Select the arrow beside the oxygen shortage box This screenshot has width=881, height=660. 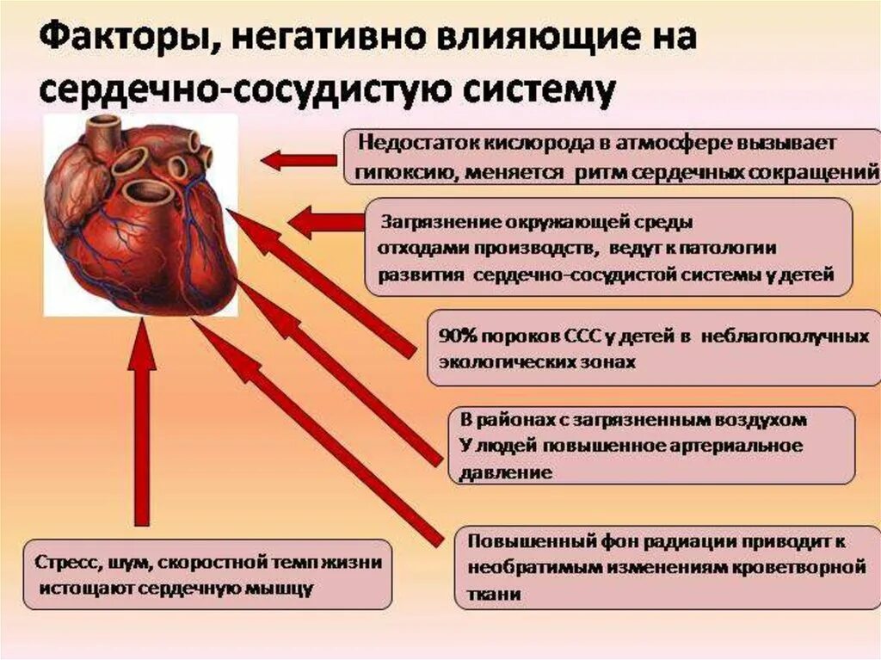(299, 160)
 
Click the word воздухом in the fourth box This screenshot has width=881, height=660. (761, 421)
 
